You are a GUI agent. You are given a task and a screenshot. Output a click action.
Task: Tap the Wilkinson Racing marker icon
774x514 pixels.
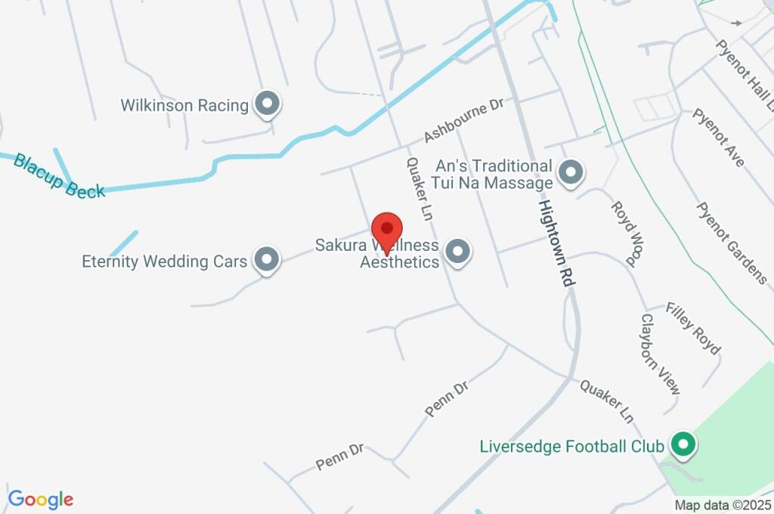(x=266, y=104)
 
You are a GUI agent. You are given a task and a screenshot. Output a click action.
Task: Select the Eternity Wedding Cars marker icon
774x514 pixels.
(x=266, y=260)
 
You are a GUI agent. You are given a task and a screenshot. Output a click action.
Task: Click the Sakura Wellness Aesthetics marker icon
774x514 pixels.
(x=457, y=252)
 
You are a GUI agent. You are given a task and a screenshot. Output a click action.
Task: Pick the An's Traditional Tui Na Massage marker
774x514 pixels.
(x=571, y=173)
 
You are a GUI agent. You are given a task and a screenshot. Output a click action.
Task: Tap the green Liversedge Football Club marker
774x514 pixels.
(x=683, y=445)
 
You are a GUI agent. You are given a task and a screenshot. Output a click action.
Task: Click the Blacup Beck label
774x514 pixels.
(x=60, y=177)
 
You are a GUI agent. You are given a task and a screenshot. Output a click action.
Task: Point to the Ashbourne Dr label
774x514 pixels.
(x=463, y=119)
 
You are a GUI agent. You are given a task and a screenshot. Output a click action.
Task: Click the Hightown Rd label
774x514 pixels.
(x=557, y=243)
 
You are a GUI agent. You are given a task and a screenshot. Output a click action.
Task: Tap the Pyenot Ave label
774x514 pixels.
(x=719, y=138)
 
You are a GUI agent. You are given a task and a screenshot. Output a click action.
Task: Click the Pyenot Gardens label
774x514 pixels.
(x=732, y=243)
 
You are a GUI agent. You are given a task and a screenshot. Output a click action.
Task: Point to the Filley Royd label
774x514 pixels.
(x=693, y=327)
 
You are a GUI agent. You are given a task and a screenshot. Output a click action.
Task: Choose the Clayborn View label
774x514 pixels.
(x=661, y=354)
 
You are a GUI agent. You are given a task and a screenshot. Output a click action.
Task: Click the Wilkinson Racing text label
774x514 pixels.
(x=184, y=105)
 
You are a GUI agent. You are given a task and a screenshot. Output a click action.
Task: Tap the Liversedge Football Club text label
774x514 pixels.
(x=571, y=446)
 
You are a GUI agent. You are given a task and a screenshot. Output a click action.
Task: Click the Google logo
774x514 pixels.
(x=41, y=499)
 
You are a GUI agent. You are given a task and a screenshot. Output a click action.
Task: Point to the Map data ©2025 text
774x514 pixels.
(x=723, y=505)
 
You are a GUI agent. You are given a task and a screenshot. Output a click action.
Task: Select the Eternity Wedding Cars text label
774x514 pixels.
(x=164, y=262)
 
